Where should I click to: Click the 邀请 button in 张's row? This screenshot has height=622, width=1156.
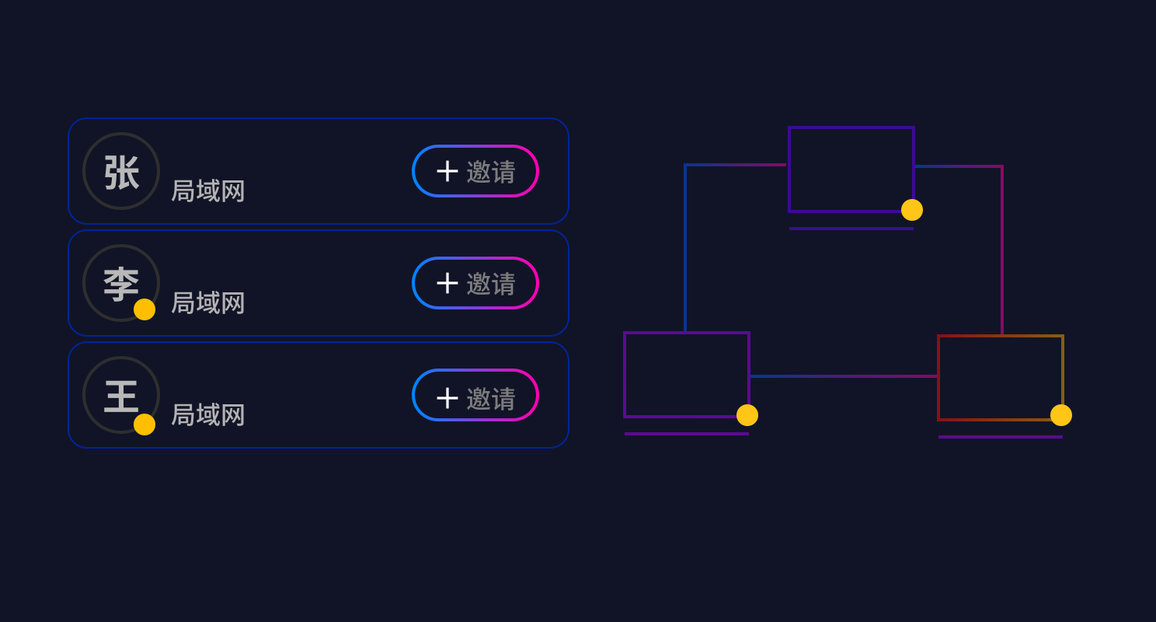(x=475, y=171)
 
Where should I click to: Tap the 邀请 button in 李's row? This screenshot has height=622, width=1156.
(x=475, y=283)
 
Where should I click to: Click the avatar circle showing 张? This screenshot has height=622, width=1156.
(x=121, y=171)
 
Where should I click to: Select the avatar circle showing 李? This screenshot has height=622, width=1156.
(x=121, y=283)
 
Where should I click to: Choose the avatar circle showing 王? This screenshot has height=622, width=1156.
(x=121, y=395)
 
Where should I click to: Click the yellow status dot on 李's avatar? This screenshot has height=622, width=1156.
(x=144, y=309)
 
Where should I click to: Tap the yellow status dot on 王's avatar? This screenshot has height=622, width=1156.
(x=144, y=425)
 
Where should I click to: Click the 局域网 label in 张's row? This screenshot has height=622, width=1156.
(x=208, y=191)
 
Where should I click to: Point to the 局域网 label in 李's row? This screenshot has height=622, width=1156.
(x=208, y=303)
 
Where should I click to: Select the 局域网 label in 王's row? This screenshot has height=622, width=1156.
(x=208, y=415)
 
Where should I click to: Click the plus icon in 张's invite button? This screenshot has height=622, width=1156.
(x=447, y=172)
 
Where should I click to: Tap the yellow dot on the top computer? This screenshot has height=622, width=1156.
(x=912, y=210)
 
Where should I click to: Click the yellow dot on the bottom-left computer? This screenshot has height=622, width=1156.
(x=747, y=415)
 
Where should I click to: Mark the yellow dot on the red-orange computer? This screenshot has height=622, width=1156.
(x=1061, y=415)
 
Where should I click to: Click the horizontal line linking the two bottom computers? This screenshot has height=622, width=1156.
(x=844, y=376)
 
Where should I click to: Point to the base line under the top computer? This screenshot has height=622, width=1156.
(x=851, y=229)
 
